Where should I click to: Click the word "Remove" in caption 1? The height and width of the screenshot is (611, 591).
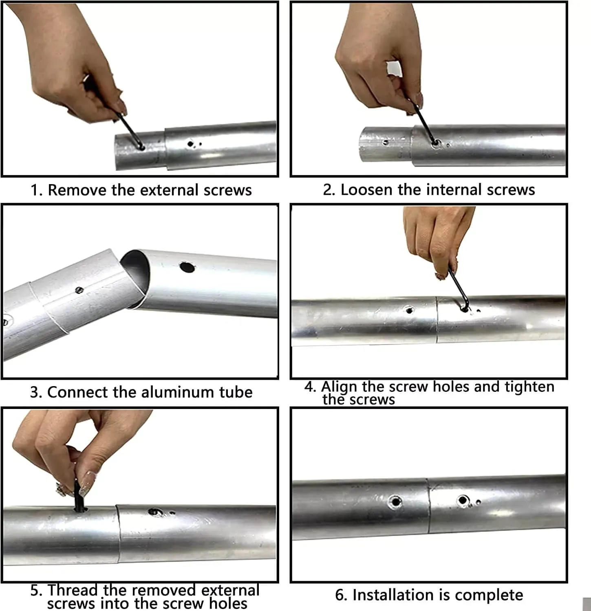[77, 190]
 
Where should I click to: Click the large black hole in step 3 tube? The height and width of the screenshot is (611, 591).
[187, 267]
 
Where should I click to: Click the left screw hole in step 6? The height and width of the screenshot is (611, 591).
[395, 501]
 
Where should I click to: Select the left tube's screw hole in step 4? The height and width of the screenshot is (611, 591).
[409, 310]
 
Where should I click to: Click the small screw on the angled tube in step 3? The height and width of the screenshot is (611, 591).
[79, 290]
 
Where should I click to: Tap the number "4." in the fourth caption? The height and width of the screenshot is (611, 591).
[310, 387]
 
